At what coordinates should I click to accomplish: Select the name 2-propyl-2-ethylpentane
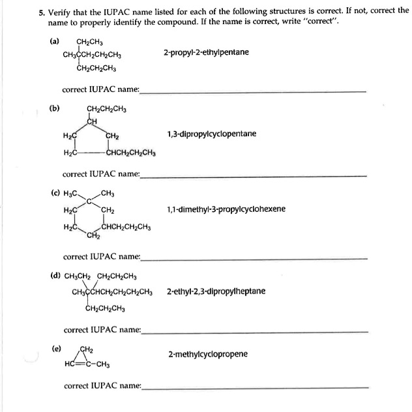pos(206,51)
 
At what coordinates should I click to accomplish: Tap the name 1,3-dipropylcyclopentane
pos(213,134)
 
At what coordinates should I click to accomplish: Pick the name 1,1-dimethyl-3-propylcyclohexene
pos(226,209)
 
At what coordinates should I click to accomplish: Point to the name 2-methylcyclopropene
pos(207,354)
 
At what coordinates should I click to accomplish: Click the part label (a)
pos(54,41)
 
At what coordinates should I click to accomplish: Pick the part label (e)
pos(57,349)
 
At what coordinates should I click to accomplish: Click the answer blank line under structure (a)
pos(254,92)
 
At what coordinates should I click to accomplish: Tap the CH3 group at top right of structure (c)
pos(108,193)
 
